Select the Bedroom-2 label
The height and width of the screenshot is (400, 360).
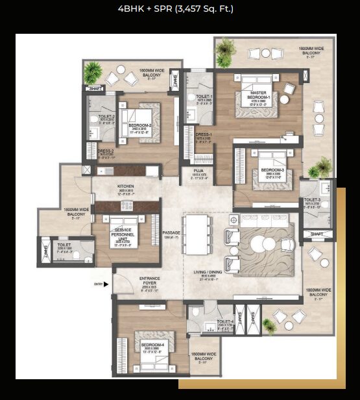[140, 125]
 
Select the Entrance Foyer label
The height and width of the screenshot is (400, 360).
[149, 280]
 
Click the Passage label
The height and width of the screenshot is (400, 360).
[171, 231]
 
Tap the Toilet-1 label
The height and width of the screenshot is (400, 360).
[204, 97]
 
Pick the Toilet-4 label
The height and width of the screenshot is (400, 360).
[225, 322]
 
